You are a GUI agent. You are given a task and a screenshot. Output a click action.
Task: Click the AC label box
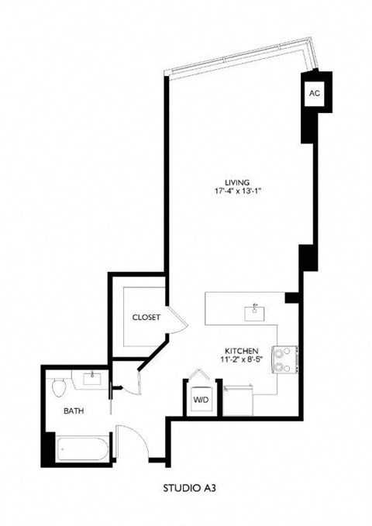pyautogui.click(x=314, y=93)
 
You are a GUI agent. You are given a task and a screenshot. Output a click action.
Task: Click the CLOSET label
pyautogui.click(x=146, y=318)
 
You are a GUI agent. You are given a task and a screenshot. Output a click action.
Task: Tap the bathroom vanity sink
pyautogui.click(x=93, y=379)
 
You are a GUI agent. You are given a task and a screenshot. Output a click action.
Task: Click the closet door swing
pyautogui.click(x=175, y=318)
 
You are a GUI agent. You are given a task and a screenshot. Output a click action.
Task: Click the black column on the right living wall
pyautogui.click(x=307, y=258)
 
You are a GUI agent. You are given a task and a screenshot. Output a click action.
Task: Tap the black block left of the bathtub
pyautogui.click(x=48, y=449)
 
